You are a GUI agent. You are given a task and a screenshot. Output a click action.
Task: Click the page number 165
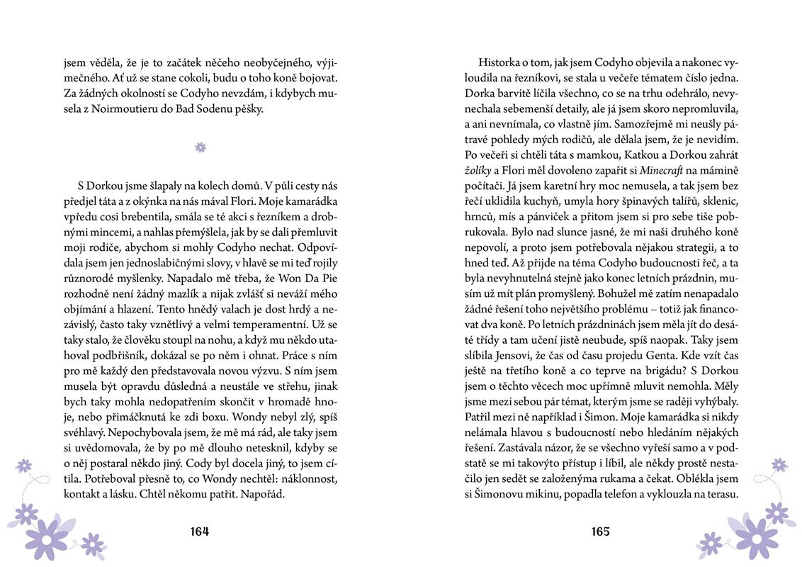pyautogui.click(x=599, y=532)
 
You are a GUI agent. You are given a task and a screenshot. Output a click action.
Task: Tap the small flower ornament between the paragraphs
pyautogui.click(x=200, y=147)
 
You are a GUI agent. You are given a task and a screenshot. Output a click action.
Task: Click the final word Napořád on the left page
pyautogui.click(x=261, y=493)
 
